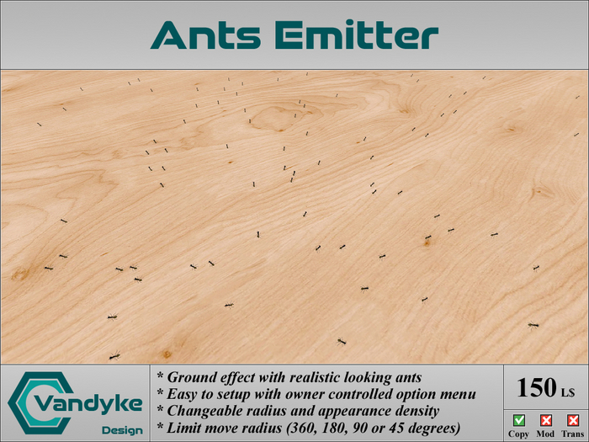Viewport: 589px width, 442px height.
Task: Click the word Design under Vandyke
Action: click(x=121, y=430)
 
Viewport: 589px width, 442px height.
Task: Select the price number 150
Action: click(x=535, y=388)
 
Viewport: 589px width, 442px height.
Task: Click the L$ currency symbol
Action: click(x=568, y=391)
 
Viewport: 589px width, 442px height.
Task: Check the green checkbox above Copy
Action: click(x=519, y=419)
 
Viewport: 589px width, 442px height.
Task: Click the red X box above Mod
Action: click(x=545, y=419)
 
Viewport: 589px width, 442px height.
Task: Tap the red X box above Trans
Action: click(x=572, y=419)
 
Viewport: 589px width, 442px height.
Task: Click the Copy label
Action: click(x=519, y=434)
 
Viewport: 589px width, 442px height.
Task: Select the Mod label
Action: click(x=545, y=434)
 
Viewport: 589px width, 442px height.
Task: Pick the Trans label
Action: click(x=572, y=434)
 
